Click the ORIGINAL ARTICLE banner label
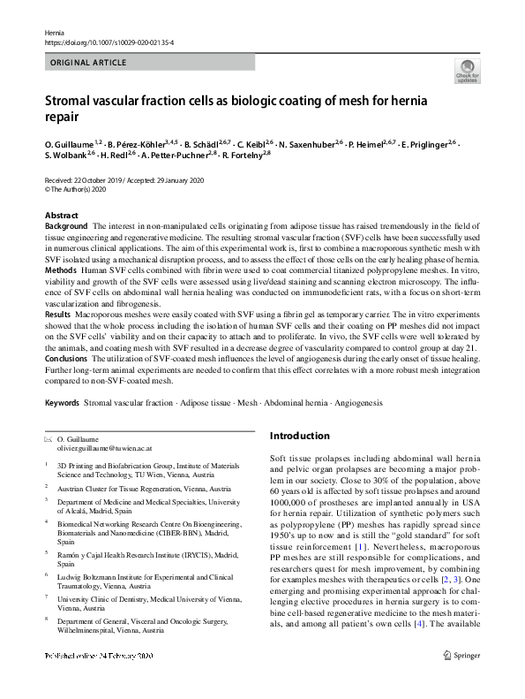click(87, 63)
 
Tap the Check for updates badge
click(467, 71)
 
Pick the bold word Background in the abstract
click(66, 227)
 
